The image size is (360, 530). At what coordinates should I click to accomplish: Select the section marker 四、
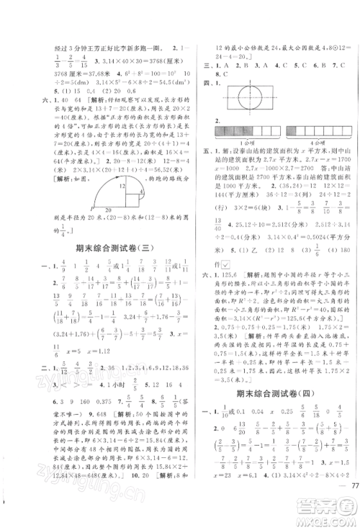click(211, 83)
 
